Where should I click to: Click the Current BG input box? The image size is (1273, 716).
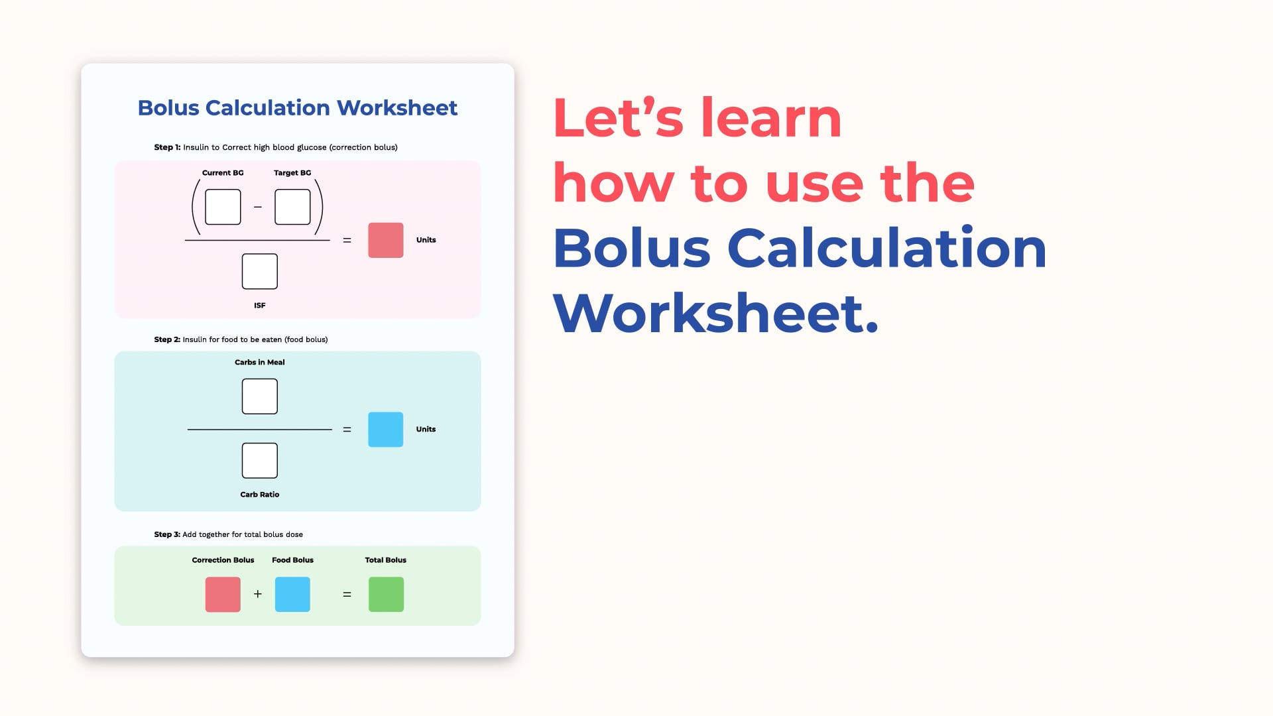223,207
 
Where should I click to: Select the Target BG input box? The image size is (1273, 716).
292,207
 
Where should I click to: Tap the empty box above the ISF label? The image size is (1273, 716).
260,271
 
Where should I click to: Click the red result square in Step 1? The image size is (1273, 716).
386,240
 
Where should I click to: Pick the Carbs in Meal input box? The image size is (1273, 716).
260,396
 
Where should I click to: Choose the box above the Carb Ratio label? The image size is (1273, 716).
260,461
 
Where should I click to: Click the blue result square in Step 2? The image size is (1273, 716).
386,430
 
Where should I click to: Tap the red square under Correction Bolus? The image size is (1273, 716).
223,595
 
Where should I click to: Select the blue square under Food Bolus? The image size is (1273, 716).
292,595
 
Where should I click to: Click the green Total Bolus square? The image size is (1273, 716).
386,595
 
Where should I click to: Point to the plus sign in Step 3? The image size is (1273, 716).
258,594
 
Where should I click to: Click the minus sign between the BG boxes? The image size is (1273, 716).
258,207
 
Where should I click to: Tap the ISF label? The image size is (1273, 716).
260,306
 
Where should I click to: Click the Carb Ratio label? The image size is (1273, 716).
260,495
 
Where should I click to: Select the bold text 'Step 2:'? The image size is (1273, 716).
167,339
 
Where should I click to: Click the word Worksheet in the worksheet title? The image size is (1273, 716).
397,108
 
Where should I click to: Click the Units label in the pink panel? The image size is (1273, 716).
426,240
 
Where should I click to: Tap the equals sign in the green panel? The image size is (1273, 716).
347,595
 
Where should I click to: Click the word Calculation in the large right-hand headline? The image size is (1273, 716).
887,249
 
